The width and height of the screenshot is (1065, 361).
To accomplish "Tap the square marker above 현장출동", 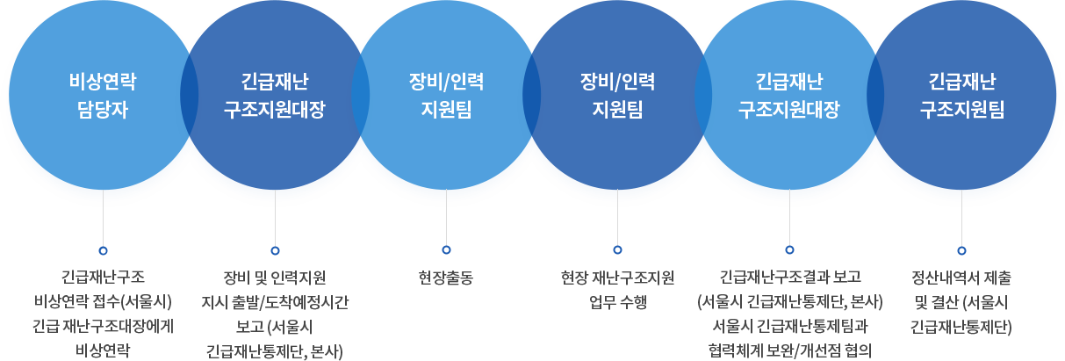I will click(x=446, y=250).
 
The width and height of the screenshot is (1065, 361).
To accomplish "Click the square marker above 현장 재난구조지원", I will click(x=617, y=250).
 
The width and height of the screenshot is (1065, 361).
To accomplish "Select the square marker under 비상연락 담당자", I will click(x=103, y=250).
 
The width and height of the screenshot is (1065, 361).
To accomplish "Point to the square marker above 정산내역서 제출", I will click(x=961, y=250).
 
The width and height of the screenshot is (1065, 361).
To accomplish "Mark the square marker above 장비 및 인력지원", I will click(x=275, y=250).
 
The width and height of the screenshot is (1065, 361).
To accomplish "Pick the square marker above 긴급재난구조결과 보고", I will click(x=789, y=250).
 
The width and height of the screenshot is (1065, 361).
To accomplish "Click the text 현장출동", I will click(x=446, y=278).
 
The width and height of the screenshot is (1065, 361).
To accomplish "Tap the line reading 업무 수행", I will click(x=617, y=303).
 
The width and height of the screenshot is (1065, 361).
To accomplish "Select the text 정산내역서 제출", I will click(x=961, y=278).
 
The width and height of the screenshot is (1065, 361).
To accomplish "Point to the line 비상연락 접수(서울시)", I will click(x=103, y=303).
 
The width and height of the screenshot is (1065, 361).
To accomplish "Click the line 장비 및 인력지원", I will click(x=275, y=278).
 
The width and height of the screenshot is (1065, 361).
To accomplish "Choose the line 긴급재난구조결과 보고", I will click(x=789, y=278).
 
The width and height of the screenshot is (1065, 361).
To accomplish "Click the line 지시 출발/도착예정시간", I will click(x=275, y=303).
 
